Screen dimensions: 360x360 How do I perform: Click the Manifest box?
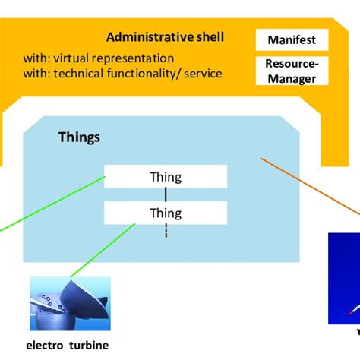292,39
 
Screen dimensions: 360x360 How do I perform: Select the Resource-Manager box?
292,71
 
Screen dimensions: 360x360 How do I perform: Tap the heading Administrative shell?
166,37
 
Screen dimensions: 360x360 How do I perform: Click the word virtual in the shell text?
71,58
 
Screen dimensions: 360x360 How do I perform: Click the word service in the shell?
203,74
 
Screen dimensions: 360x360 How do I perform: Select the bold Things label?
79,137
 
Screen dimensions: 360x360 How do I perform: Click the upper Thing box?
166,176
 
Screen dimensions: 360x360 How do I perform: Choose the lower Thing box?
166,213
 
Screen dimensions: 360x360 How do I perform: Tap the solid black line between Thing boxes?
166,194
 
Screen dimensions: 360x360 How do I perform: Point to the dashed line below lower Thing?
166,230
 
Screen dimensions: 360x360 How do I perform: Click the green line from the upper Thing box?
52,204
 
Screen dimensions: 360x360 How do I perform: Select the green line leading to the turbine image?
103,250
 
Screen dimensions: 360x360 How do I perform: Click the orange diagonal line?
310,186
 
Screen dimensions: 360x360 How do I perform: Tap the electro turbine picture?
70,304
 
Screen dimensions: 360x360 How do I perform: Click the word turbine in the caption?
89,346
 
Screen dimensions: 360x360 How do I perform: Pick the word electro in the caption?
45,346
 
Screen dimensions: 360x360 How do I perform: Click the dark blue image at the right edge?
344,279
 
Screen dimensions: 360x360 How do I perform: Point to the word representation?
133,58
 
